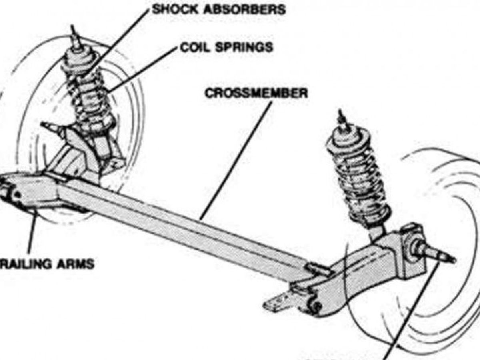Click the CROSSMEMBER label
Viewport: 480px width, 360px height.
click(x=256, y=93)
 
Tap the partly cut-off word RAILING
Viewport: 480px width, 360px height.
click(x=24, y=264)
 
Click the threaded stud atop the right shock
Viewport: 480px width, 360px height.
click(x=341, y=118)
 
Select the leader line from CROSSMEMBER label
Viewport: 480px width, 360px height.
click(x=236, y=160)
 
